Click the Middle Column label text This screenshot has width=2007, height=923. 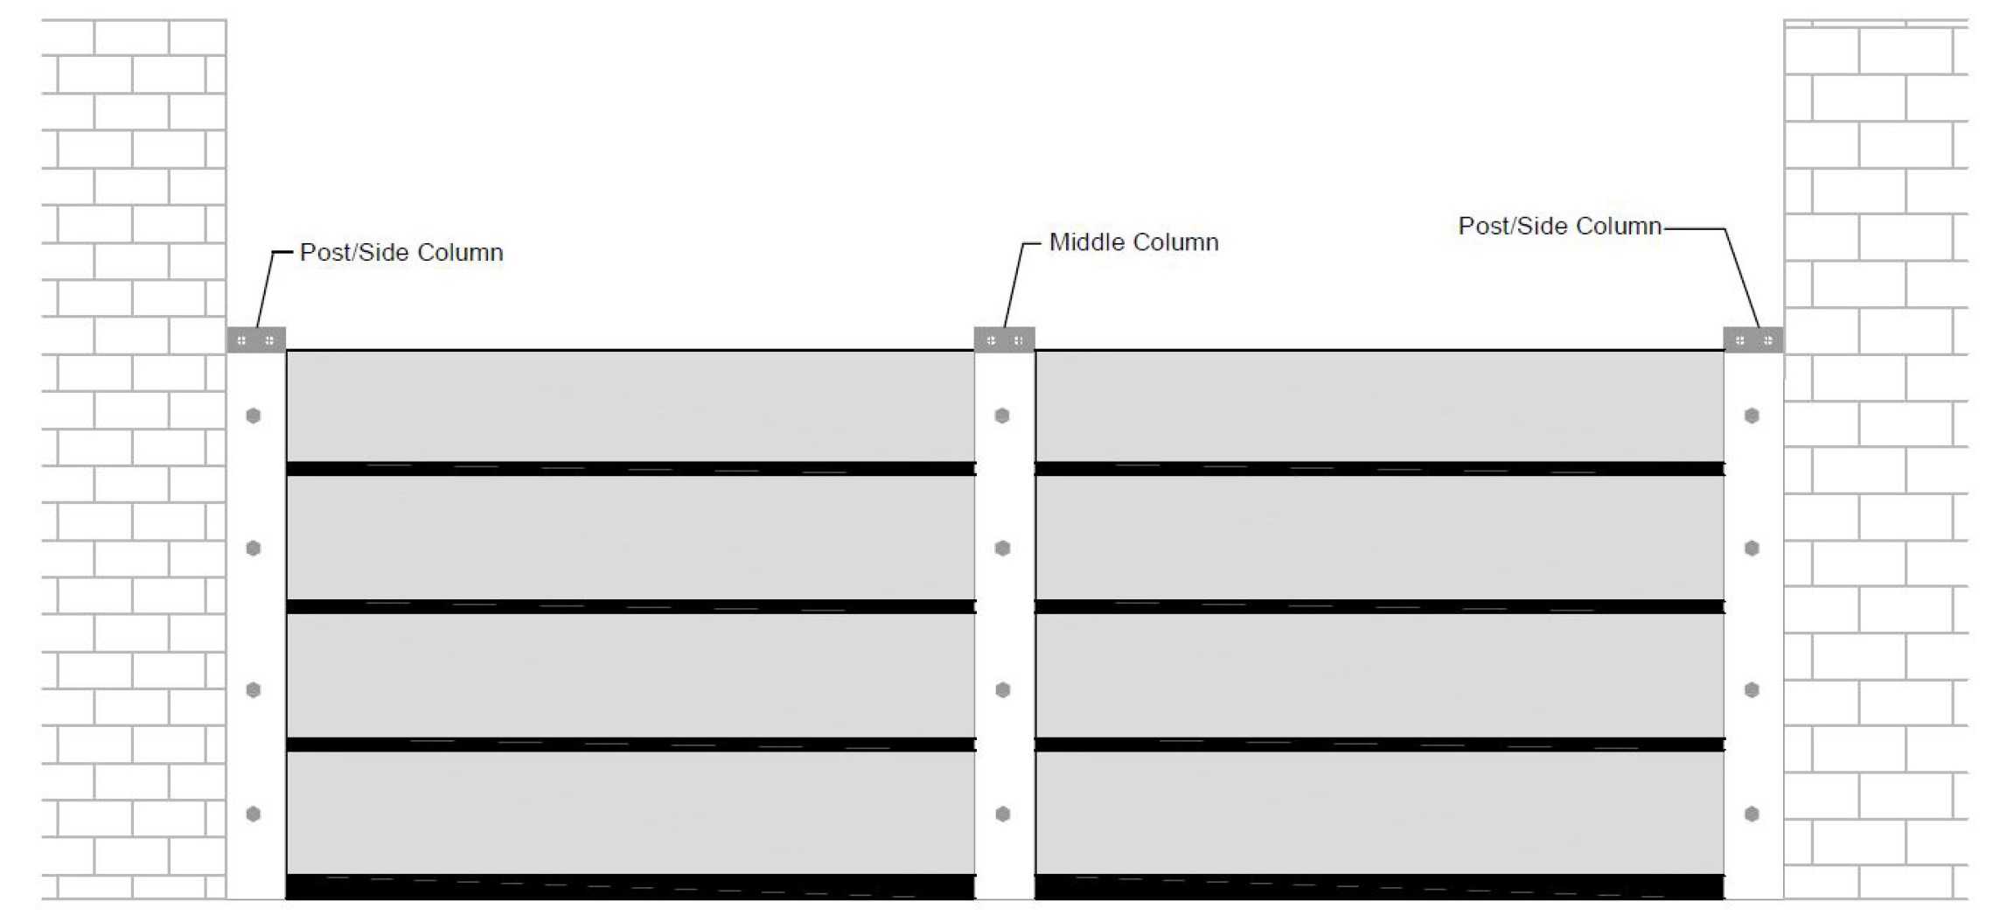1133,242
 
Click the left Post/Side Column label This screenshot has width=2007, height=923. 401,253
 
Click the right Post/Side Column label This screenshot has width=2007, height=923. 1559,227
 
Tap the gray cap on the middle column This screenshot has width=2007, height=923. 1004,339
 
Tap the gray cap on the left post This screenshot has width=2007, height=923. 256,339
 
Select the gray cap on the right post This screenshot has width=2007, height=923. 1753,339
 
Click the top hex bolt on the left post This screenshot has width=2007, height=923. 254,416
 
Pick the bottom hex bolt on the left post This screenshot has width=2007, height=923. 254,815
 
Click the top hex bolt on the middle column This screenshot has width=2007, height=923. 1003,416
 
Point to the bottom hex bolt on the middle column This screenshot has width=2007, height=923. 1003,815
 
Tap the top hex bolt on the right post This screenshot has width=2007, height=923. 1752,416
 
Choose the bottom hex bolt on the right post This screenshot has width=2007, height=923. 1752,815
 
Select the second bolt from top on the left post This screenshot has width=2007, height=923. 254,549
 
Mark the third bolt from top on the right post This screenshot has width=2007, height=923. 1752,690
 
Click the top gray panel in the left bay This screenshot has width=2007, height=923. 630,405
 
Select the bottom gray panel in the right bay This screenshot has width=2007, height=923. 1379,813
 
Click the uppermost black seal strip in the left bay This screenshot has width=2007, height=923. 630,469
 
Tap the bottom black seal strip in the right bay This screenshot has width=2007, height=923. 1379,886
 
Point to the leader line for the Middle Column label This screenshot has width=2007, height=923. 1014,284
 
